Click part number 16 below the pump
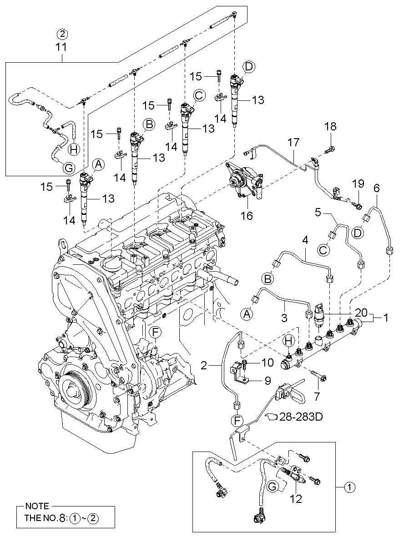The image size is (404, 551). click(x=247, y=215)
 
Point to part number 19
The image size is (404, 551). click(x=358, y=184)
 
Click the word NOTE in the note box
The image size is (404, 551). click(x=34, y=506)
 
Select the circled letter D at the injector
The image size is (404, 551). click(x=248, y=66)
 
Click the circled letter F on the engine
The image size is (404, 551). click(x=155, y=333)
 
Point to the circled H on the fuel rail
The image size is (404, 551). click(x=288, y=340)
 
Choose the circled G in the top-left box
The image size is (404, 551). click(x=68, y=168)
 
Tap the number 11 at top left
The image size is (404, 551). click(x=61, y=46)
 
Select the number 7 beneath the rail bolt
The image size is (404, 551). click(x=317, y=396)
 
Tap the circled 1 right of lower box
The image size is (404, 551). click(x=349, y=487)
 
